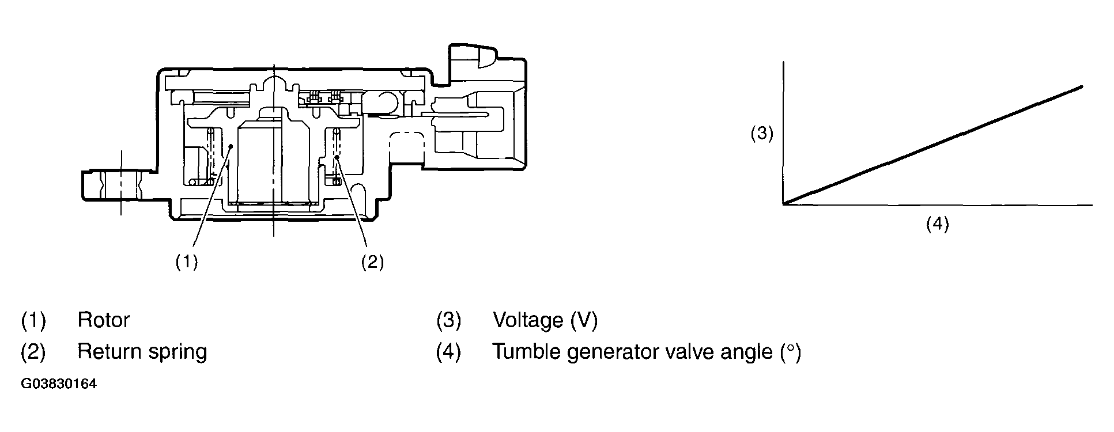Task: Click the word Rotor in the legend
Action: tap(104, 320)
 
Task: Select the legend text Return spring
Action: tap(142, 351)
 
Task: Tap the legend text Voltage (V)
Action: tap(545, 320)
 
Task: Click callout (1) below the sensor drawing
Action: tap(187, 262)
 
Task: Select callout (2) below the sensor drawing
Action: tap(372, 262)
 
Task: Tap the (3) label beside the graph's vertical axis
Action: tap(762, 134)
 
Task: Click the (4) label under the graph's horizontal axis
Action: tap(937, 223)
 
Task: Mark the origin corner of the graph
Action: tap(783, 204)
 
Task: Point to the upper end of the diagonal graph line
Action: tap(1081, 87)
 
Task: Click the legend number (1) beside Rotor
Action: tap(33, 320)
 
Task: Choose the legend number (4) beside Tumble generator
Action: tap(449, 351)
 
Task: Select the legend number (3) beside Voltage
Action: tap(449, 320)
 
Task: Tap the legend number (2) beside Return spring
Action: tap(33, 351)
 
